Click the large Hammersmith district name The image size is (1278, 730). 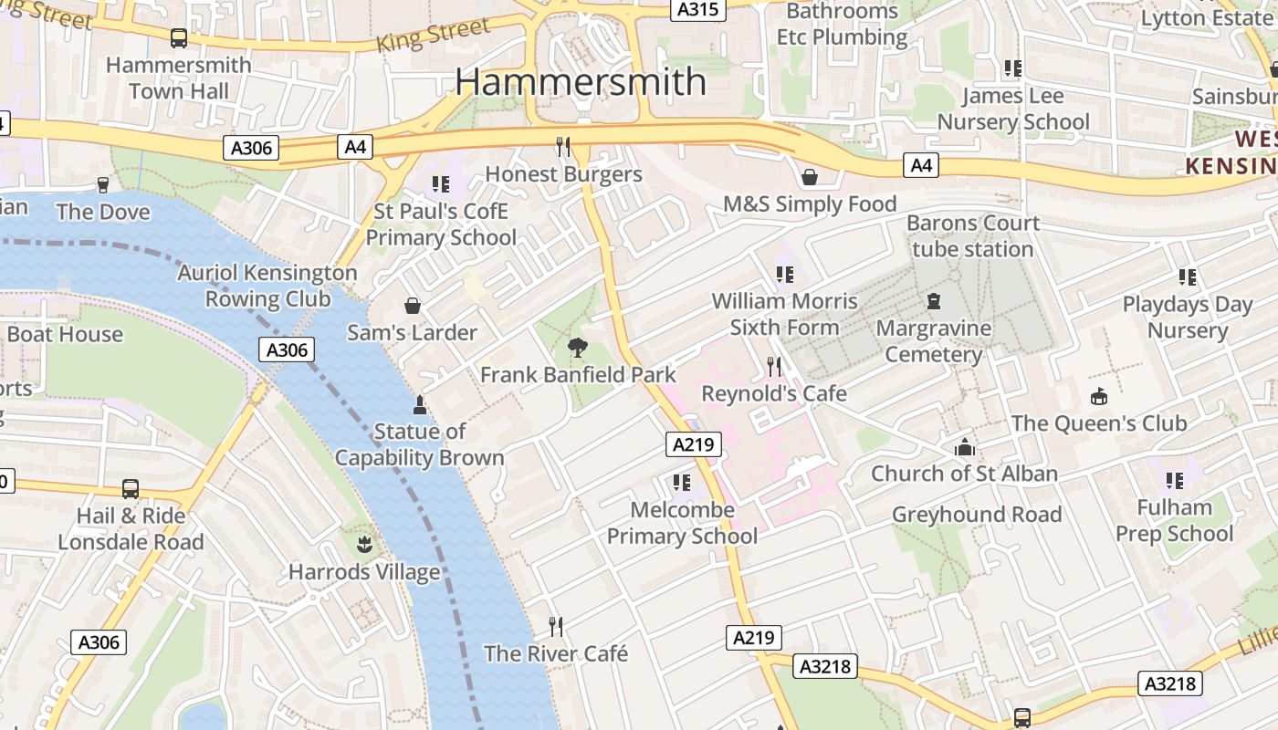(581, 81)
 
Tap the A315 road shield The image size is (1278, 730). (698, 10)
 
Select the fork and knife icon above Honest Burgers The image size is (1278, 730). (563, 146)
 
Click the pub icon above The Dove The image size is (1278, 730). (102, 185)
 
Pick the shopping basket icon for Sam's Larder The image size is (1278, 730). (412, 305)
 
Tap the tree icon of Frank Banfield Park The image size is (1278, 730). (577, 347)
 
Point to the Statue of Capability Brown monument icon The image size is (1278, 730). (419, 404)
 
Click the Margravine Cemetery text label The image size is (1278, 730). (933, 340)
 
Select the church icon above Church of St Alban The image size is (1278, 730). (964, 447)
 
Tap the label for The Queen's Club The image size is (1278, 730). (1098, 422)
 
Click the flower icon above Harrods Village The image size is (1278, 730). (364, 546)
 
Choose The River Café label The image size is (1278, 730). (555, 653)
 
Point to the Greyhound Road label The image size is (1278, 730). (976, 514)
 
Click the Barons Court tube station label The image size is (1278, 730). (972, 235)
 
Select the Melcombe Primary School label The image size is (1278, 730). (682, 522)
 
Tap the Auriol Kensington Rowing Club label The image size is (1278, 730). (267, 285)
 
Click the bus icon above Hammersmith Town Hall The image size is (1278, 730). (179, 37)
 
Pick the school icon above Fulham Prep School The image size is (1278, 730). (1174, 480)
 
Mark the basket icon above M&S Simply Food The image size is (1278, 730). (809, 176)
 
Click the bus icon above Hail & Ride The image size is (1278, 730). (131, 489)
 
